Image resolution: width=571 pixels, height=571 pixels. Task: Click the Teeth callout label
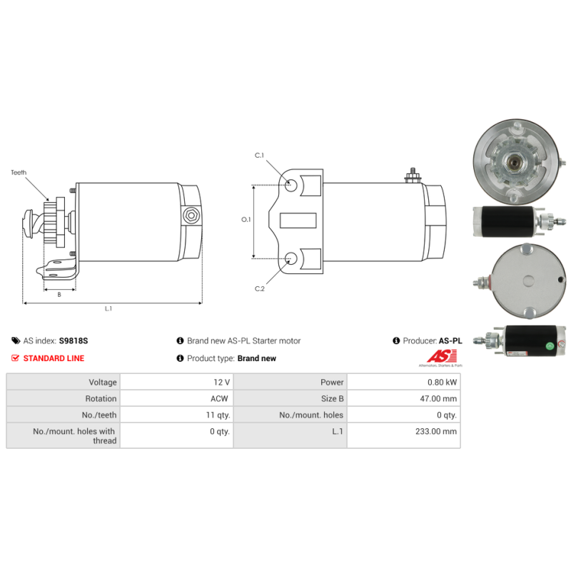coord(19,173)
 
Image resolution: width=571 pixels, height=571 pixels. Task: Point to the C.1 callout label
coord(259,156)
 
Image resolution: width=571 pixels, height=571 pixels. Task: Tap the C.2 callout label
coord(260,289)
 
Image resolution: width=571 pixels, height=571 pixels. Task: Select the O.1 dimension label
coord(246,220)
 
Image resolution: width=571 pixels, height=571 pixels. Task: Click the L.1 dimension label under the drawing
coord(108,309)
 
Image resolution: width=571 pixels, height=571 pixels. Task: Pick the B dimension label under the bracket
coord(59,295)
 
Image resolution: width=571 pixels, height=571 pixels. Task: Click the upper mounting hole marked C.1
coord(291,185)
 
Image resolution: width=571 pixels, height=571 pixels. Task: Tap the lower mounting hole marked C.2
coord(291,258)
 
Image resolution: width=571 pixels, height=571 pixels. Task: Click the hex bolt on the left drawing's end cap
coord(191,216)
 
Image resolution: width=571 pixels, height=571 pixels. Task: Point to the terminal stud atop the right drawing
coord(413,175)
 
